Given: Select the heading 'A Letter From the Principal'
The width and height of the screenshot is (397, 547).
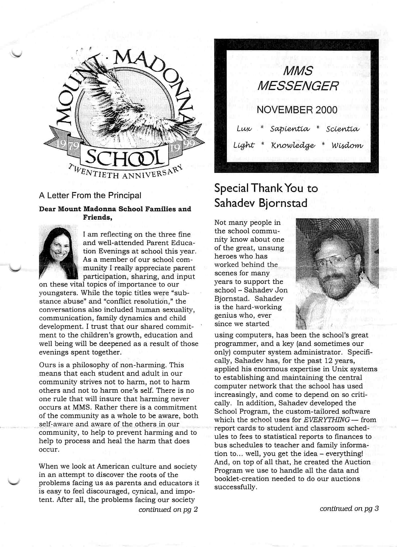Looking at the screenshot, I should pyautogui.click(x=90, y=196).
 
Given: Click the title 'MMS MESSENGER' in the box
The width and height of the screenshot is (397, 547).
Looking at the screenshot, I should pyautogui.click(x=298, y=78).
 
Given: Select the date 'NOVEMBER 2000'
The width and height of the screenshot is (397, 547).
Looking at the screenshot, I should pyautogui.click(x=297, y=110).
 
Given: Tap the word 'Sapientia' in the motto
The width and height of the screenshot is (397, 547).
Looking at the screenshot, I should pyautogui.click(x=290, y=129).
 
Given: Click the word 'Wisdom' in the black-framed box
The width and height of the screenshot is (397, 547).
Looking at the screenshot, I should pyautogui.click(x=347, y=146).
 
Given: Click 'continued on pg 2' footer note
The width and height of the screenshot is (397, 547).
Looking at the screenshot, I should pyautogui.click(x=168, y=509).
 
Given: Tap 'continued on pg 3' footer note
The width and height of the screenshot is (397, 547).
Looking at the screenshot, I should pyautogui.click(x=349, y=508).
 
